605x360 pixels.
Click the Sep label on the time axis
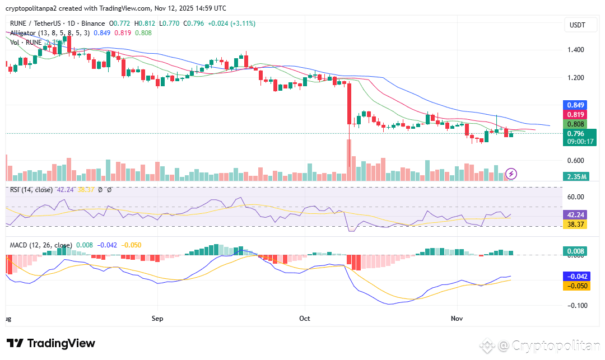(x=157, y=317)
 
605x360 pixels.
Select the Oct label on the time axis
(x=305, y=317)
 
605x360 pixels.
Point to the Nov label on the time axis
(x=457, y=317)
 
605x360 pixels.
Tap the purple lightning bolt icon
(x=511, y=174)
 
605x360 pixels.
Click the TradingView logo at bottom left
(x=51, y=343)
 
